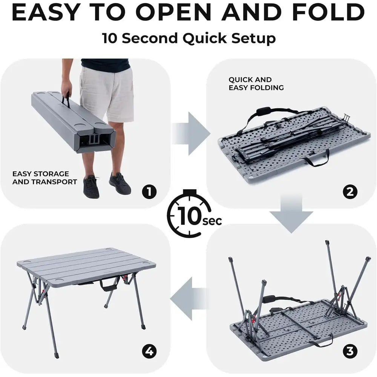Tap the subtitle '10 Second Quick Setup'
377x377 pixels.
(188, 38)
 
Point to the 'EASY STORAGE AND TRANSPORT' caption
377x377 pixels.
(44, 178)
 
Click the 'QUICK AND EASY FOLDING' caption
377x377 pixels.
(256, 84)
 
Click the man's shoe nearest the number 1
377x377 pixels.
(120, 184)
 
